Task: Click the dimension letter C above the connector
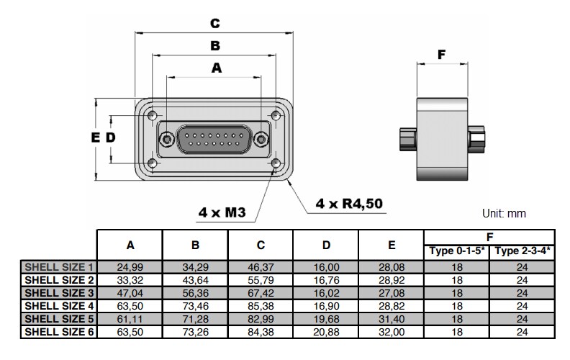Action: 215,23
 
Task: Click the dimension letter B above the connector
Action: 215,46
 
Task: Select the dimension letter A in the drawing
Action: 215,68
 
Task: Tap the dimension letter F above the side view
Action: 442,55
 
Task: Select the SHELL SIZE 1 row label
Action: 60,266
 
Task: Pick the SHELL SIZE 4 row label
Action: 60,306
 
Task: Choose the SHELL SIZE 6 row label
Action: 60,332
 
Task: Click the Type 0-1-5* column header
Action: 457,251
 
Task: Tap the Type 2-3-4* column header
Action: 522,251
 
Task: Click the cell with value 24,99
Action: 130,266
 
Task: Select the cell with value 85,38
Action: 261,306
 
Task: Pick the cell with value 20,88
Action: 326,332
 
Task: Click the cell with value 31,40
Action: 392,319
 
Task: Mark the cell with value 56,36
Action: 195,293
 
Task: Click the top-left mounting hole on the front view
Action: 151,115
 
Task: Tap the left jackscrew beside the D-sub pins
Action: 167,139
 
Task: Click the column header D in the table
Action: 326,245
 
